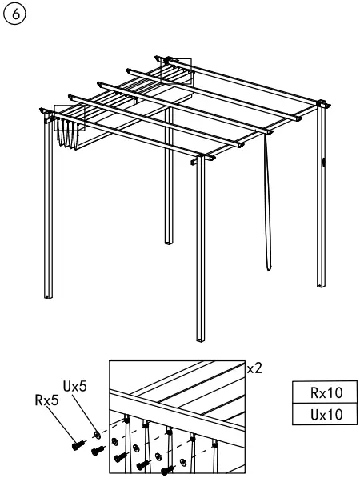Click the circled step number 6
(x=14, y=14)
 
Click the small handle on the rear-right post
(x=323, y=163)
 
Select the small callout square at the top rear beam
(x=179, y=68)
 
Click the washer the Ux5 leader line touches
(x=96, y=433)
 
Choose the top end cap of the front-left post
(x=43, y=111)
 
